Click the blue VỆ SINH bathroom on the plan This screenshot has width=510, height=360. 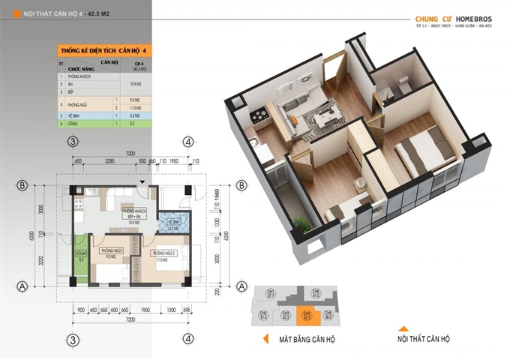(x=172, y=224)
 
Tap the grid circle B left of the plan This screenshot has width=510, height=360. (x=23, y=186)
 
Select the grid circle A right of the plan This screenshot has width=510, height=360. (x=242, y=286)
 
